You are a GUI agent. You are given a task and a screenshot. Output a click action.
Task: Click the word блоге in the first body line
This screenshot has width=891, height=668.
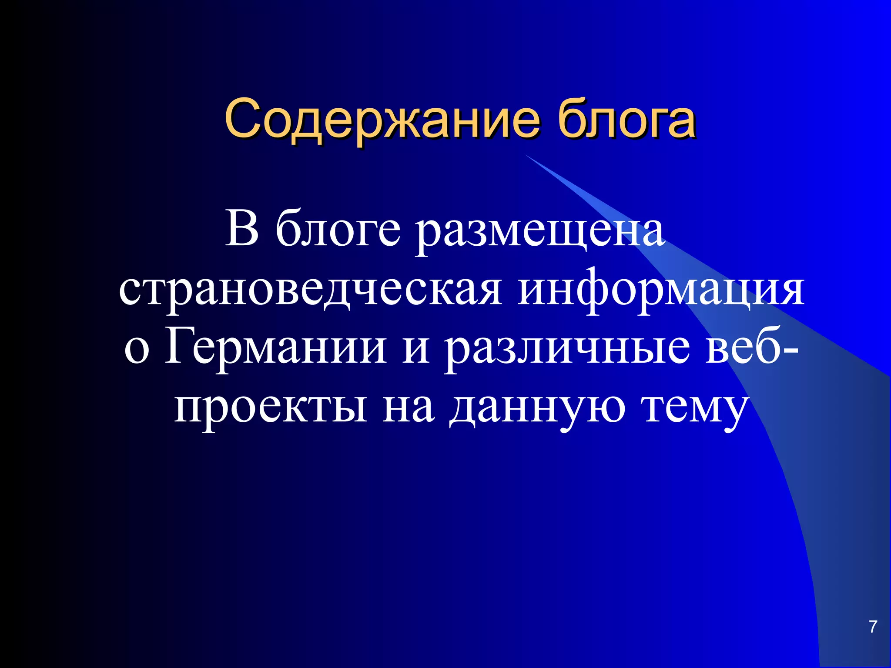[337, 230]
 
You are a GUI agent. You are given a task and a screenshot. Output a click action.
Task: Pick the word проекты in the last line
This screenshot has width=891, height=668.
[270, 409]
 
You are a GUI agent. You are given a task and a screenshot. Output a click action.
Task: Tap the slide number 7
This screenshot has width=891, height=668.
[872, 627]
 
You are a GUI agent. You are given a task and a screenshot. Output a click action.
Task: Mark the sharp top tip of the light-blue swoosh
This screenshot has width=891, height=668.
[526, 155]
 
